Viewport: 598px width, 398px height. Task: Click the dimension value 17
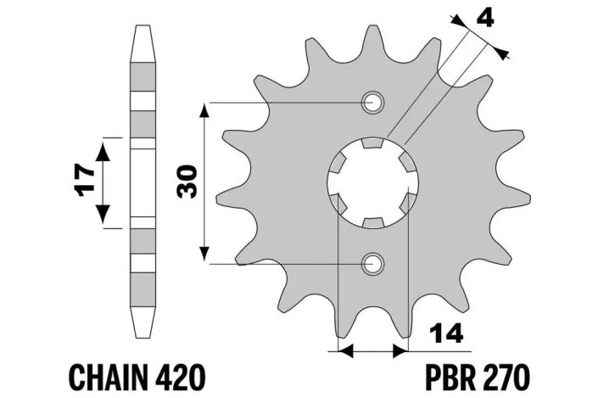[x=81, y=182]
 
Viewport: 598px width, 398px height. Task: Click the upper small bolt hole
[x=372, y=104]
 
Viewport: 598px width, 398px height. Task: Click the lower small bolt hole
[x=372, y=263]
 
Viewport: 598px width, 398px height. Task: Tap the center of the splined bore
[x=372, y=182]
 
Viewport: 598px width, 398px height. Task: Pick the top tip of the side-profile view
[x=145, y=27]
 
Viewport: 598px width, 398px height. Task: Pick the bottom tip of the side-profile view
[x=145, y=338]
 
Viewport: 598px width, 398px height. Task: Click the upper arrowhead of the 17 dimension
[x=104, y=149]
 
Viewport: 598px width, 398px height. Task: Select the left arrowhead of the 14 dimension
[x=344, y=349]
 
